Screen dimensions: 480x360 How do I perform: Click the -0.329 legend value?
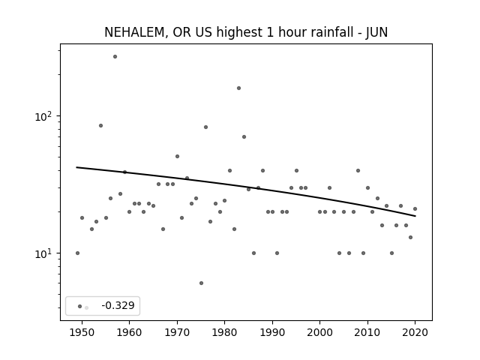pos(118,305)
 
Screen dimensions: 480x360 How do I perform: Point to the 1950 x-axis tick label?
pos(82,333)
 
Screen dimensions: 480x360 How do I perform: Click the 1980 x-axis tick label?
pos(224,333)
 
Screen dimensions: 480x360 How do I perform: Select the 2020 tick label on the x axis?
pos(415,333)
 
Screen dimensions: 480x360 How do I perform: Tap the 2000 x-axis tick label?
pos(319,333)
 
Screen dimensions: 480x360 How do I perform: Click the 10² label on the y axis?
pos(45,116)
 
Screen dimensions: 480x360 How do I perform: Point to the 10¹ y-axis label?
pos(45,253)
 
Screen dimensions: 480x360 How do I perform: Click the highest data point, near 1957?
pos(115,57)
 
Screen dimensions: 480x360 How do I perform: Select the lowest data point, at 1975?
pos(201,283)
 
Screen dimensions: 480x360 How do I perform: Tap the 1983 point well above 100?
pos(238,88)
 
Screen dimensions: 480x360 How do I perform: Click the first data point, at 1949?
pos(77,253)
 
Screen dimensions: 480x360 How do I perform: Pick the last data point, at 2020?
pos(415,208)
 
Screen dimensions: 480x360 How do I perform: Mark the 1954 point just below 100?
pos(100,125)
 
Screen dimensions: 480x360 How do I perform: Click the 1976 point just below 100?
pos(205,127)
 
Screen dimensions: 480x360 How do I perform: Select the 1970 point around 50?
pos(177,157)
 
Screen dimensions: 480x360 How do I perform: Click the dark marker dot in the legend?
pos(80,306)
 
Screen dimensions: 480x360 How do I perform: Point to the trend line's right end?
pos(415,216)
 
